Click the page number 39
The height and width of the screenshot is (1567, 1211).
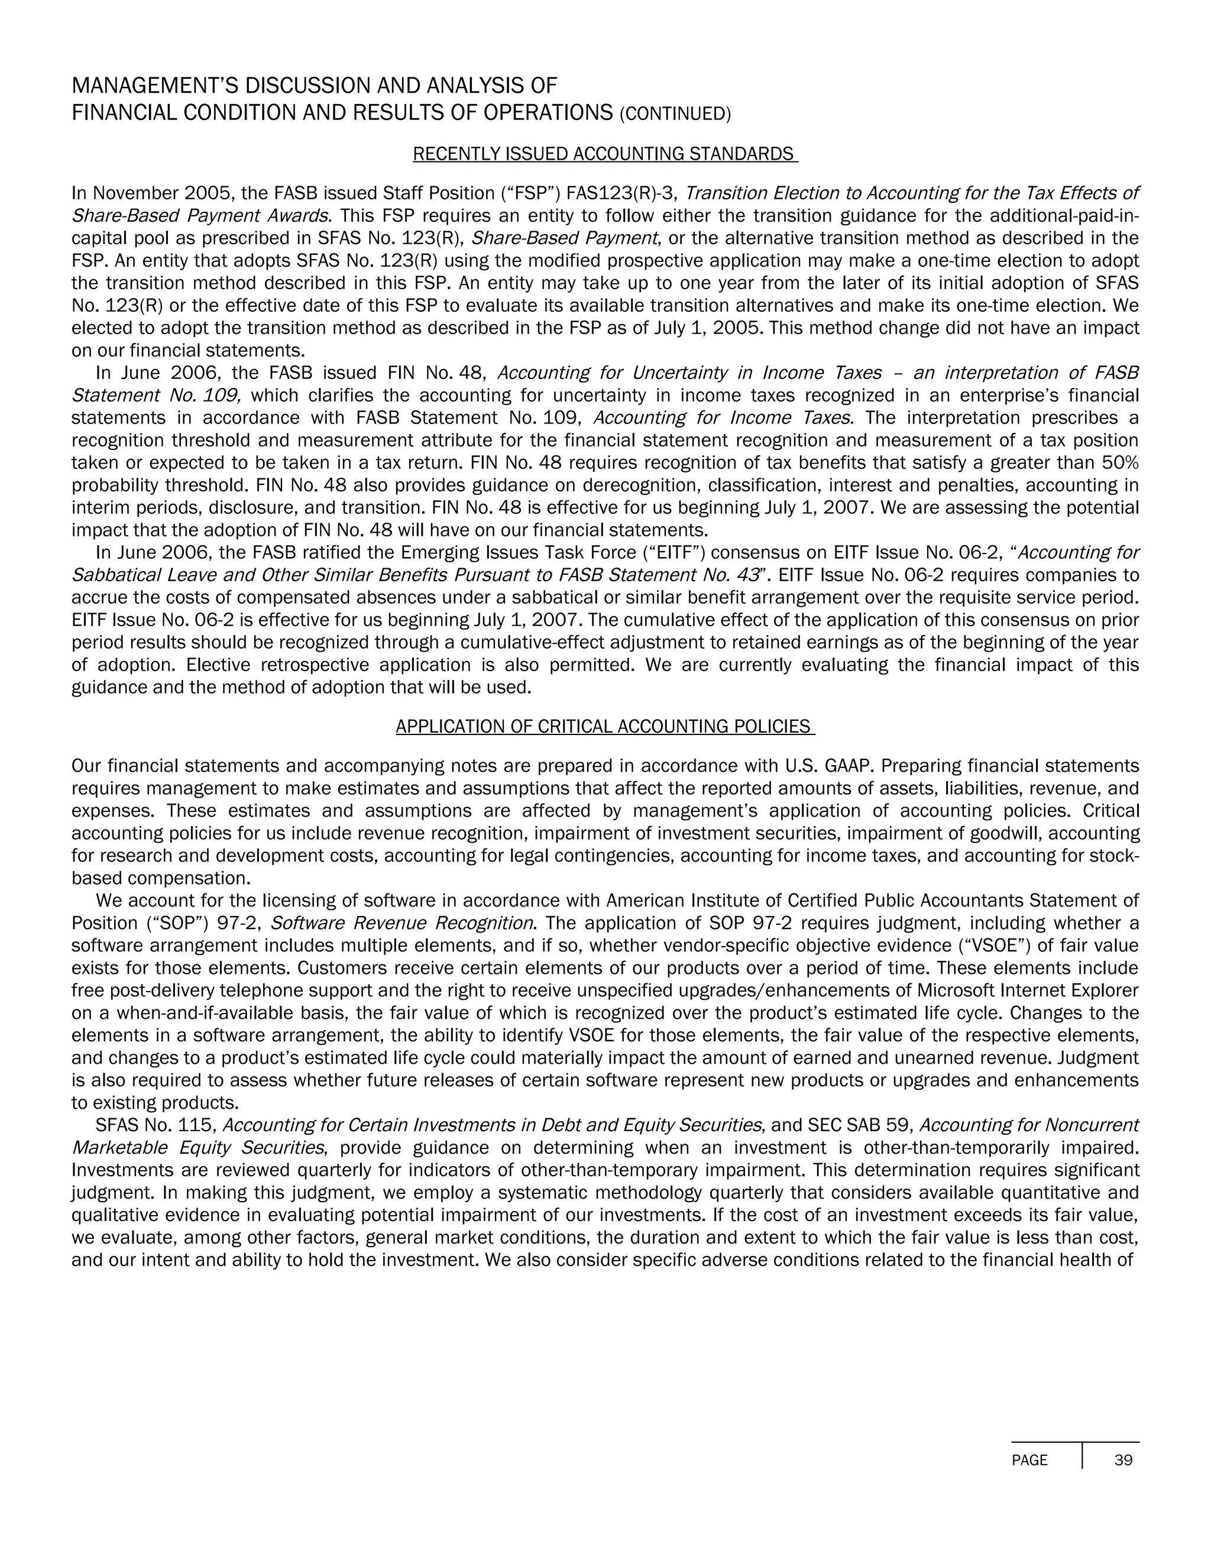coord(1123,1460)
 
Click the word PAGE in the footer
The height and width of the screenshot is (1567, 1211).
coord(1029,1460)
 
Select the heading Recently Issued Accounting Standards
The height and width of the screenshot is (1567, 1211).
coord(605,154)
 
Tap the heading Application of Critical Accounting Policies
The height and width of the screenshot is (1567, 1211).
coord(605,727)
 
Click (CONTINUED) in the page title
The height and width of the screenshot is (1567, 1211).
coord(674,114)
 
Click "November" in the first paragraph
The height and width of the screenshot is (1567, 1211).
coord(135,194)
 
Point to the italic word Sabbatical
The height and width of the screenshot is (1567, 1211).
coord(110,575)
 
